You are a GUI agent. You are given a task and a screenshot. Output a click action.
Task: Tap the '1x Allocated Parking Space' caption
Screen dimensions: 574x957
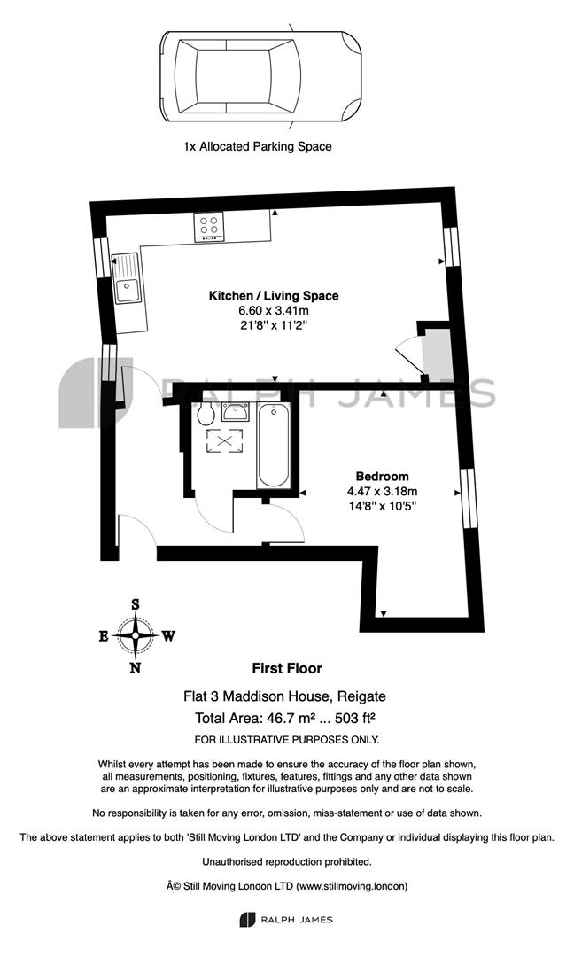258,146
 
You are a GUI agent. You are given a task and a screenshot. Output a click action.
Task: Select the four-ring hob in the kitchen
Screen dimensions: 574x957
209,226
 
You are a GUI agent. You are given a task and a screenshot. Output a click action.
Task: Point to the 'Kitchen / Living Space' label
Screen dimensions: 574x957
274,295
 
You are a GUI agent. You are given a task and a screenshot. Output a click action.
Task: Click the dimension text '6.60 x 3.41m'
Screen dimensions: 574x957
274,311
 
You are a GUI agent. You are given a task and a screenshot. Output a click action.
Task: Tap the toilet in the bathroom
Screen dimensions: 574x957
206,414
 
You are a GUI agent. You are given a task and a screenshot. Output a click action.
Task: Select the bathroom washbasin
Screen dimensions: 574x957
236,412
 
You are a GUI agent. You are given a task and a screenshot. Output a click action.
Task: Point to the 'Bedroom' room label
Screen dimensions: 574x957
383,476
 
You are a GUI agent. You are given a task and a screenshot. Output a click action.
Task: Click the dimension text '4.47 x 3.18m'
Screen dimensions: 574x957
383,491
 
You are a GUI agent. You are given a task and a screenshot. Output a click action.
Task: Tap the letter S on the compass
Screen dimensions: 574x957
136,604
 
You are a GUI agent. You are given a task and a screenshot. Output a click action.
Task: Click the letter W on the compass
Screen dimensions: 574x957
169,636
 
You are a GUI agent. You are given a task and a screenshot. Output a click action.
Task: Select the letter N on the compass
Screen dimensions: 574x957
136,668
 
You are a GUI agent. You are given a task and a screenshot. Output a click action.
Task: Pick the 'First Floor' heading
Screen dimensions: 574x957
287,668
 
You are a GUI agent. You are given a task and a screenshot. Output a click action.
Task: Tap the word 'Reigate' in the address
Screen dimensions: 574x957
361,696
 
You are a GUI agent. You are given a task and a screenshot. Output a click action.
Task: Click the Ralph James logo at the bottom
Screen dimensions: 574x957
286,920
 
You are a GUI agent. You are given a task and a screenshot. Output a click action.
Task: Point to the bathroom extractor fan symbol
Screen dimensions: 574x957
224,441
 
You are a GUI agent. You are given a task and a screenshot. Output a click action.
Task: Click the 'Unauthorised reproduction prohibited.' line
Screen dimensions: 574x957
287,862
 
